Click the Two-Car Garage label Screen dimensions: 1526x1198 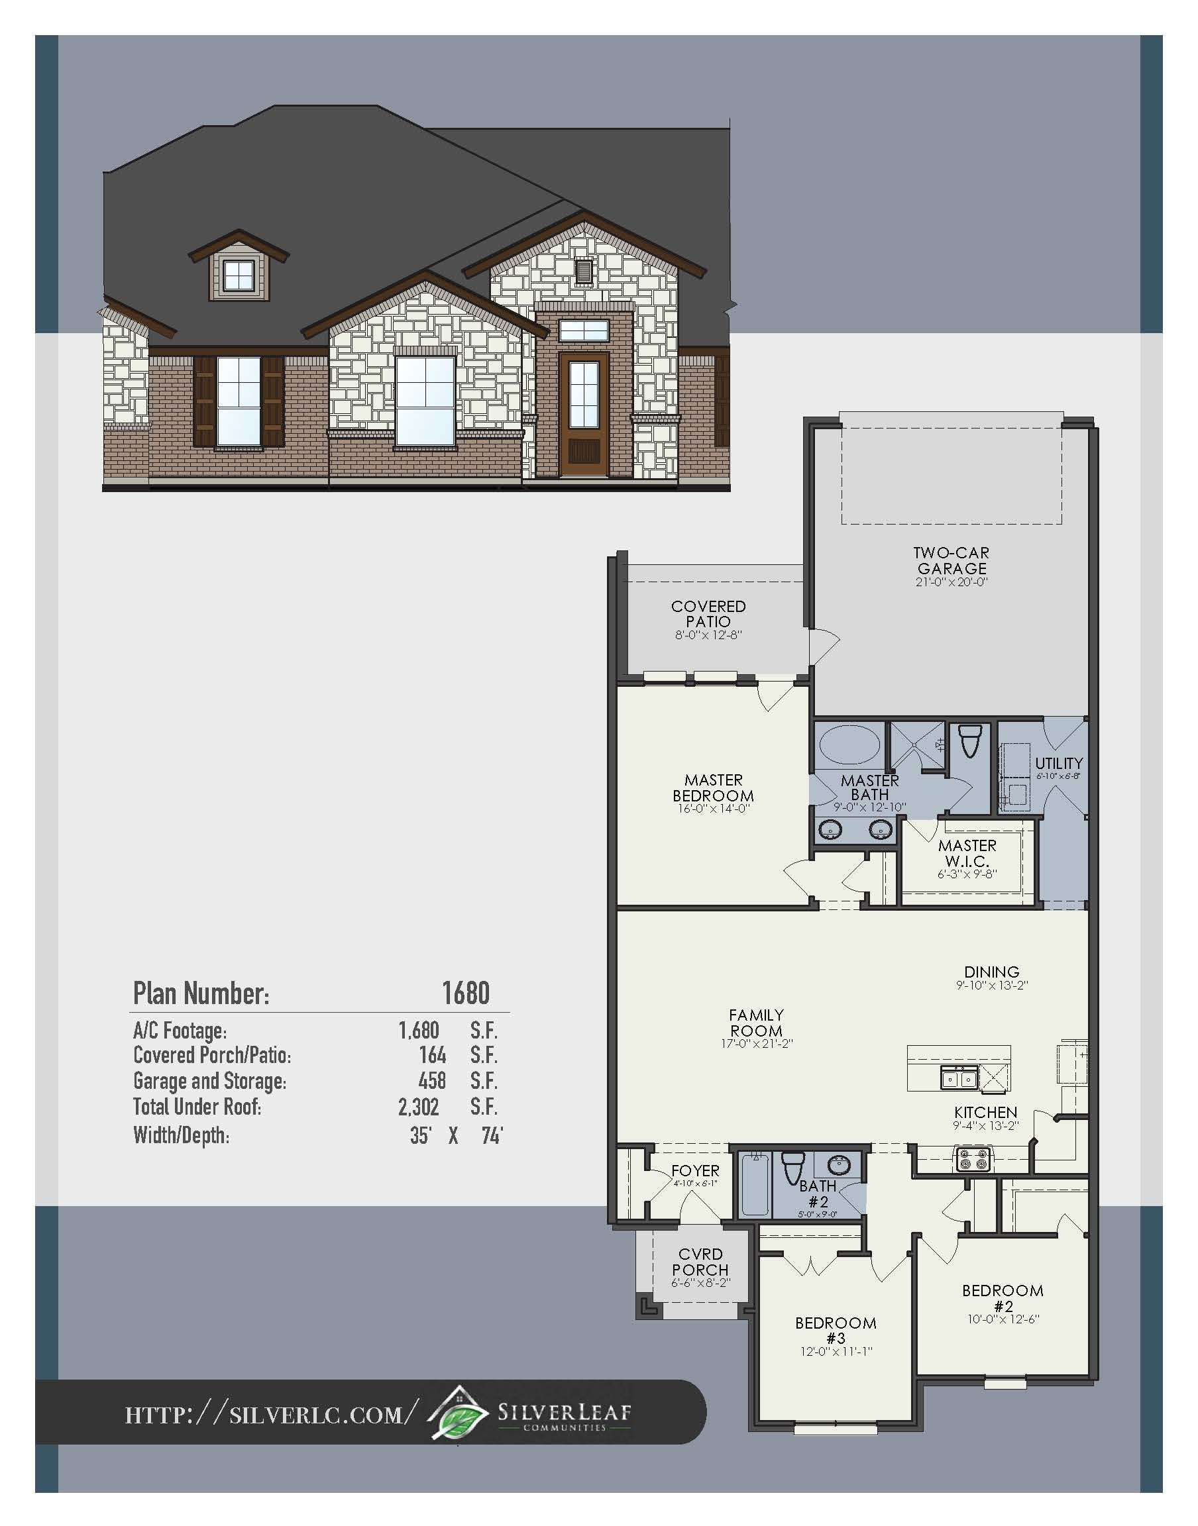(952, 561)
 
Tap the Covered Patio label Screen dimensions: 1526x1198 (708, 614)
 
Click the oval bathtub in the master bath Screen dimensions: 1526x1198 (849, 744)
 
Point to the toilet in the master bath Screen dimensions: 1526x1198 (969, 742)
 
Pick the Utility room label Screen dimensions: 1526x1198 (1058, 762)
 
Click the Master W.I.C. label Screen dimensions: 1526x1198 (967, 853)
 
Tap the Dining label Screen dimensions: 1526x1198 (991, 972)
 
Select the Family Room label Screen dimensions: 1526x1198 (756, 1023)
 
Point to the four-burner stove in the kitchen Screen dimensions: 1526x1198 (971, 1159)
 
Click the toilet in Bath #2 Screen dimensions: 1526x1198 (793, 1167)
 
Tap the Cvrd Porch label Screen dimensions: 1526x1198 (700, 1262)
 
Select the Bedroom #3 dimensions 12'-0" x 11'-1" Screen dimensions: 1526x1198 (836, 1351)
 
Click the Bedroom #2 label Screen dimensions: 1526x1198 (1003, 1297)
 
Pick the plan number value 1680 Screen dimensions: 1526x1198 (465, 993)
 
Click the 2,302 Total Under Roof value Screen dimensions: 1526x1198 (418, 1107)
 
